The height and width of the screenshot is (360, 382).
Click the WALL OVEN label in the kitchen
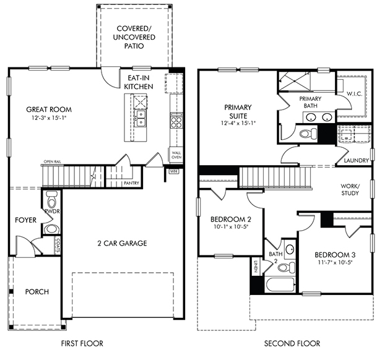tap(176, 155)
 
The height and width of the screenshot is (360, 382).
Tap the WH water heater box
tap(174, 171)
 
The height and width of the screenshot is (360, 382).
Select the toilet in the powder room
tap(52, 199)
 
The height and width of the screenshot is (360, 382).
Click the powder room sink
tap(51, 229)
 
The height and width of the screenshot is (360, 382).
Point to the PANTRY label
tap(131, 183)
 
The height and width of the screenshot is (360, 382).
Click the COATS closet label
tap(58, 245)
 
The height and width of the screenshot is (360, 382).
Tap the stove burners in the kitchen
tap(176, 122)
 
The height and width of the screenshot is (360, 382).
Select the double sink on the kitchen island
tap(141, 118)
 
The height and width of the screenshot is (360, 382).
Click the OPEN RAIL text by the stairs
tap(53, 161)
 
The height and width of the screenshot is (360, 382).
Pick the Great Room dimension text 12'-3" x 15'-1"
tap(49, 118)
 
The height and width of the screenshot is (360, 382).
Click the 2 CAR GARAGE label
tap(122, 243)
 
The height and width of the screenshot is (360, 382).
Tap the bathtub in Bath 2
tap(280, 285)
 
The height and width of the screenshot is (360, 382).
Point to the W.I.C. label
tap(355, 94)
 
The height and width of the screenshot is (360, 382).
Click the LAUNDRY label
tap(357, 160)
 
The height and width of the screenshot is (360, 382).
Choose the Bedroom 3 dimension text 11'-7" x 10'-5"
tap(335, 262)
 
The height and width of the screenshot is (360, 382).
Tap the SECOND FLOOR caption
tap(292, 343)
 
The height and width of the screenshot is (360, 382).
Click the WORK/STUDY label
tap(350, 190)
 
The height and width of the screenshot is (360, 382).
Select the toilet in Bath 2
tap(287, 267)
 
